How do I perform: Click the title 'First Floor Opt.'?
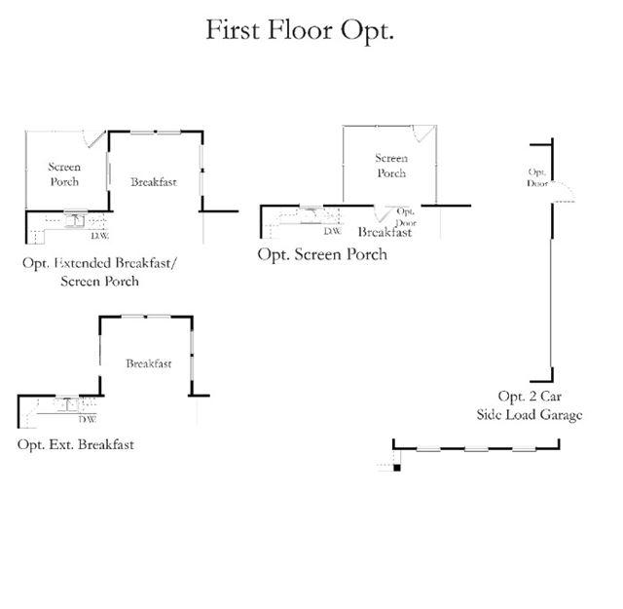(299, 30)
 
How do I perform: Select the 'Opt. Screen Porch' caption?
(321, 254)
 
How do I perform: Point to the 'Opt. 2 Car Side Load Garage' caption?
(529, 405)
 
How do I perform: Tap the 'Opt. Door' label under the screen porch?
(405, 216)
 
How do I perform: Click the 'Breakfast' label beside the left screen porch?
(154, 181)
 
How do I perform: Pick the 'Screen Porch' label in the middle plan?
(391, 166)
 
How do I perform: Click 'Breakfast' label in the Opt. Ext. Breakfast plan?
(148, 363)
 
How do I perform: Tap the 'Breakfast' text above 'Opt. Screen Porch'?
(385, 233)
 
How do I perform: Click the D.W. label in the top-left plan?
(99, 235)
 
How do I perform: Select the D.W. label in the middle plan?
(332, 231)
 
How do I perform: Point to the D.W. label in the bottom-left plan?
(88, 420)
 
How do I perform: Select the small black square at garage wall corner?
(396, 468)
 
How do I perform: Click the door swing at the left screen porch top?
(94, 139)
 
